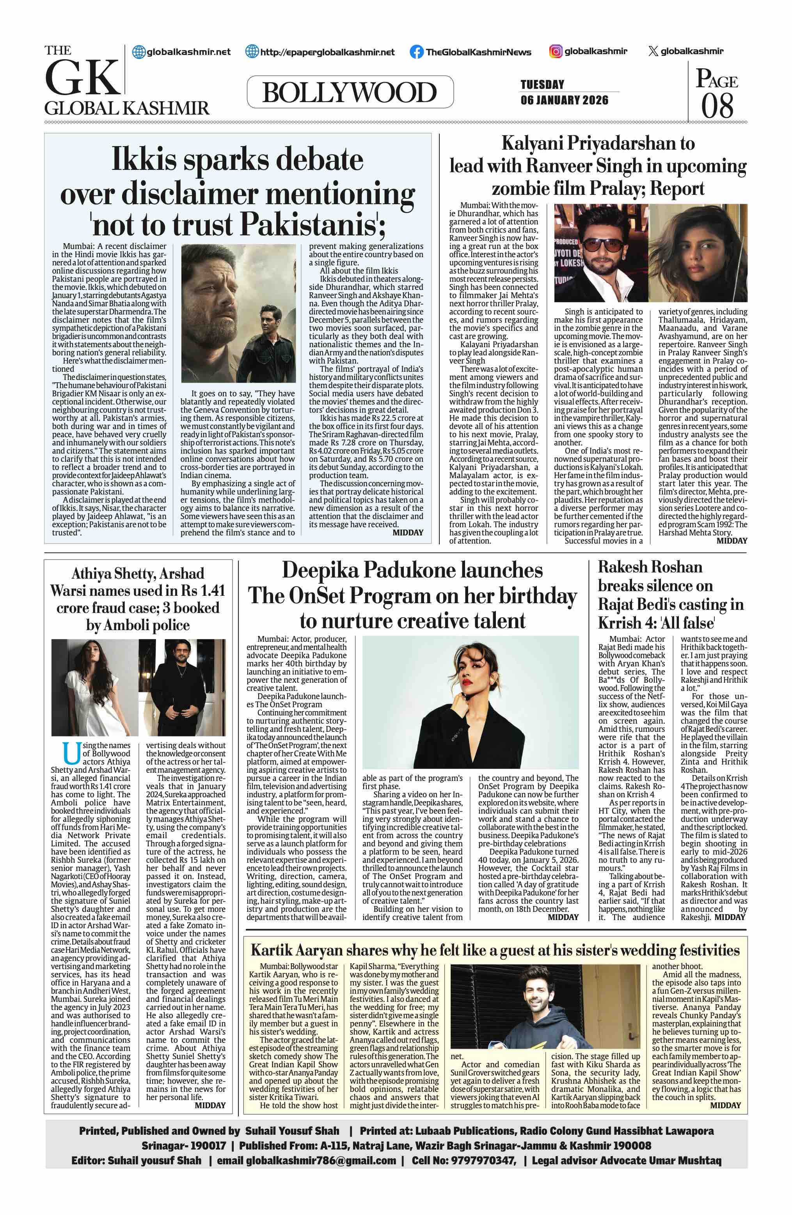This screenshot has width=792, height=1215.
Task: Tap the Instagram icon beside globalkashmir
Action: pyautogui.click(x=556, y=51)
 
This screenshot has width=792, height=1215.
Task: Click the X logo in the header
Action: pyautogui.click(x=652, y=51)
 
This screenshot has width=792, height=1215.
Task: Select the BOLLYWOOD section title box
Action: pyautogui.click(x=350, y=92)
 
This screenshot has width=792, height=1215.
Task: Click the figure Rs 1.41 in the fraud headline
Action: pyautogui.click(x=203, y=590)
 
